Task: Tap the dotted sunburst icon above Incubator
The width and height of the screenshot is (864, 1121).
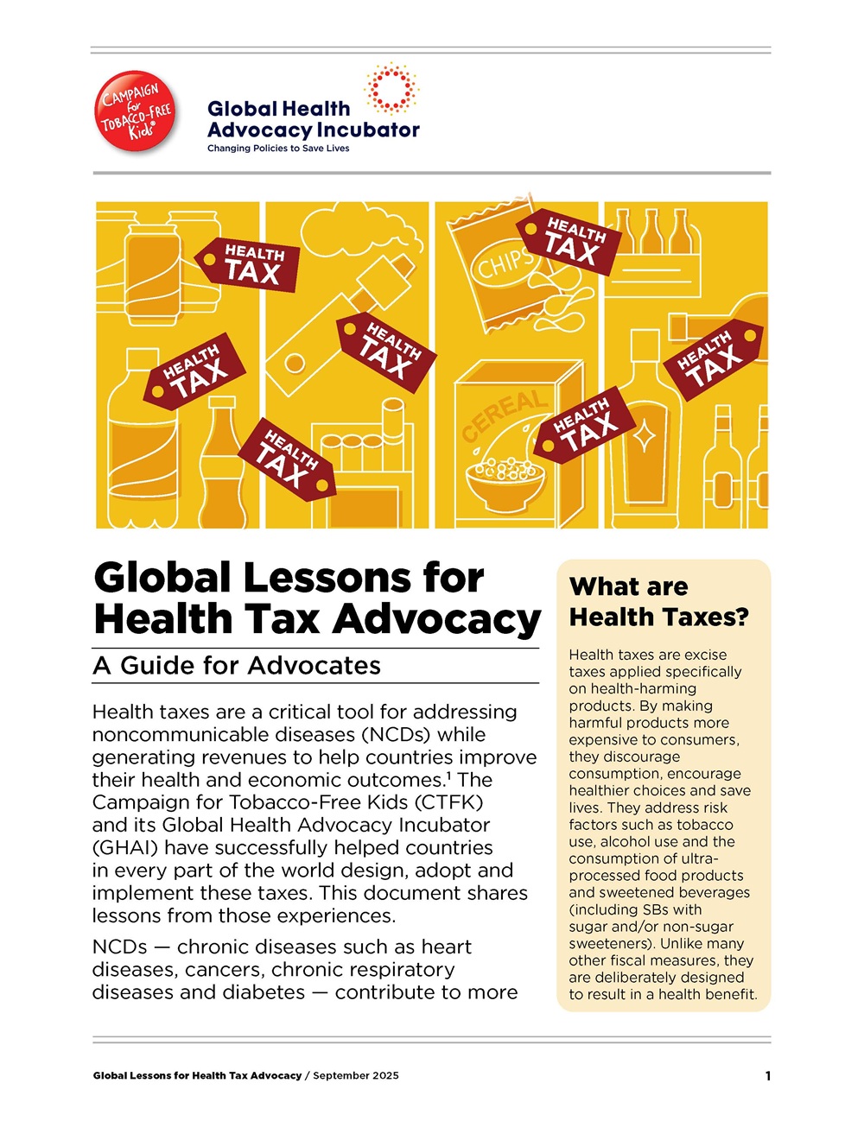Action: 391,87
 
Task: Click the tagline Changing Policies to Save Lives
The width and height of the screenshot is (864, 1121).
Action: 278,149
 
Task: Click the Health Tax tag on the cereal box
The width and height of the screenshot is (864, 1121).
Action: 585,425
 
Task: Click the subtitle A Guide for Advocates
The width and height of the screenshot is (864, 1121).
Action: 237,666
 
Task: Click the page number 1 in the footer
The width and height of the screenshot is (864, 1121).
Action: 767,1076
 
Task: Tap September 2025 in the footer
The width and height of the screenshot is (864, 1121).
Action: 356,1076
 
